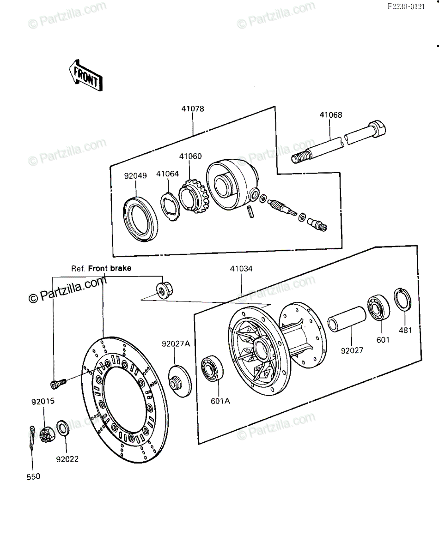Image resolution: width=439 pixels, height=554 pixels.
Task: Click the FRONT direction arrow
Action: click(85, 76)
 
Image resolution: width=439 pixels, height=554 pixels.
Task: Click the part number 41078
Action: click(193, 109)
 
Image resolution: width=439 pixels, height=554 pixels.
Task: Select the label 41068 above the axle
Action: click(331, 115)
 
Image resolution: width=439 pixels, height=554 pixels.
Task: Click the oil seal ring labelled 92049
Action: click(140, 219)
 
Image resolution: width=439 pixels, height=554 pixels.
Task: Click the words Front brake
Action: click(110, 268)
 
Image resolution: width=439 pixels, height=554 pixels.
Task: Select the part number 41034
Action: click(241, 269)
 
